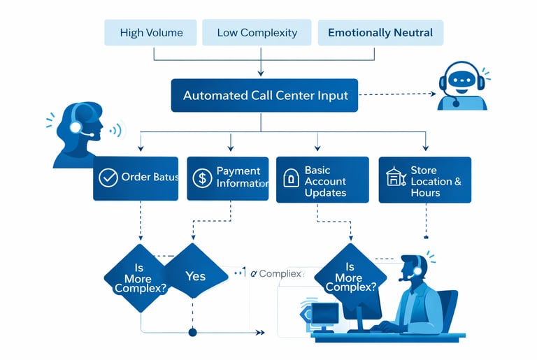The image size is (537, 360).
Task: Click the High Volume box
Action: [151, 33]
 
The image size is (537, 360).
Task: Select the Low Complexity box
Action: [257, 33]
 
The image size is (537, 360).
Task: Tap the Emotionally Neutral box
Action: [380, 33]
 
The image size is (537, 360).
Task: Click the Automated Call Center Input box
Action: [265, 96]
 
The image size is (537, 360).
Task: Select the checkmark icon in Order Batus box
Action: [108, 178]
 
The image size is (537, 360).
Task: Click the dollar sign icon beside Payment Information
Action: [202, 178]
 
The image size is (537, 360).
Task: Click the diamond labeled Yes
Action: [196, 276]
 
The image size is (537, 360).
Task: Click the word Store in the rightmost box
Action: [424, 171]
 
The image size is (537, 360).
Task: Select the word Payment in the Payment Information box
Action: [238, 171]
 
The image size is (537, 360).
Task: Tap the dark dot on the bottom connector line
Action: [193, 332]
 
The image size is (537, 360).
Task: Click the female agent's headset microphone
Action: [87, 134]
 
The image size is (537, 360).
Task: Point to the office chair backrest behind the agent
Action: [447, 308]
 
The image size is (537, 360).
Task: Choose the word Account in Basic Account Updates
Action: [326, 181]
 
